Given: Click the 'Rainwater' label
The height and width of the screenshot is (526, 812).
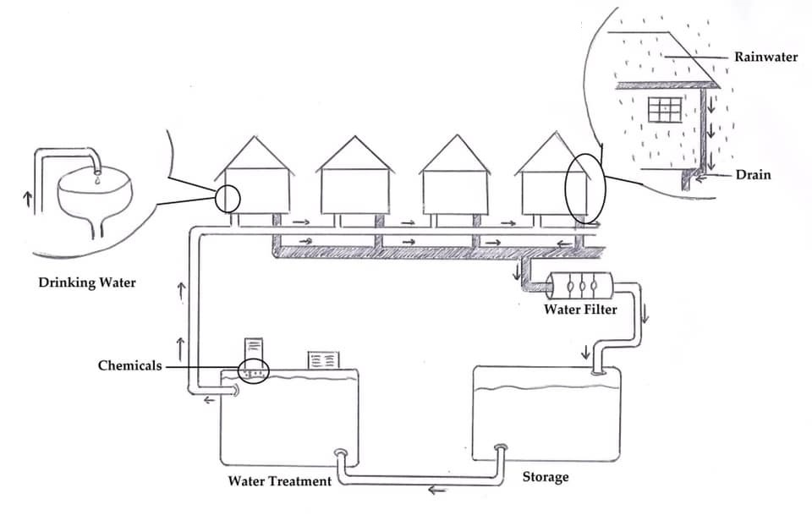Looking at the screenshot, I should click(765, 58).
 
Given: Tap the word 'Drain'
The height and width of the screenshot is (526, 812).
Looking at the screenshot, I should click(753, 176).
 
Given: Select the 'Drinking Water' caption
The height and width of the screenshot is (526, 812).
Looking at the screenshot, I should click(87, 282).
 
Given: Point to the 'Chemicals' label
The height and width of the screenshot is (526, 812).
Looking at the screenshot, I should click(129, 366).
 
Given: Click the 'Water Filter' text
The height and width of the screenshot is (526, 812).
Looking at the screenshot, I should click(580, 310).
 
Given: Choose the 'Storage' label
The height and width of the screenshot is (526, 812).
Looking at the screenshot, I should click(546, 477).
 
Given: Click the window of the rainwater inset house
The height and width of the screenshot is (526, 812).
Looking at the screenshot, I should click(665, 110).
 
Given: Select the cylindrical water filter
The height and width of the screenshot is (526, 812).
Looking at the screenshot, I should click(576, 285).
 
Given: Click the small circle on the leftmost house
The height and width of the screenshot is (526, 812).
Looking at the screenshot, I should click(228, 199).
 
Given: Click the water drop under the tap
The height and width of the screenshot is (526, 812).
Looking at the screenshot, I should click(98, 179).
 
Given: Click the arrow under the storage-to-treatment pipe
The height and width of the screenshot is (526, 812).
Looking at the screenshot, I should click(436, 490).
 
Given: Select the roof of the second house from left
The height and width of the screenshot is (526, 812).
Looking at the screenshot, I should click(354, 155).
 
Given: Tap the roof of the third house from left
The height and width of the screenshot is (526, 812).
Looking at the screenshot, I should click(457, 155).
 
